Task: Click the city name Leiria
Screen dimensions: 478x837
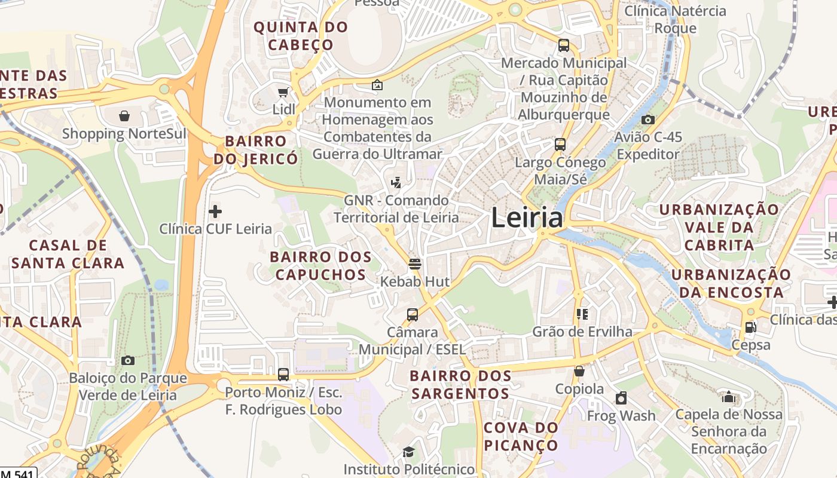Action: (x=527, y=218)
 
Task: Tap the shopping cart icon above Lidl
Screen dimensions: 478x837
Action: (x=283, y=92)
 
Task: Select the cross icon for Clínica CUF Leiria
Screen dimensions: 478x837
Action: (x=215, y=211)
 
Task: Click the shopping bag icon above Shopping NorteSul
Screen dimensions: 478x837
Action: (x=124, y=115)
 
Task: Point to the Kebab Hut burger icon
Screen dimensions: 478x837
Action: (x=415, y=263)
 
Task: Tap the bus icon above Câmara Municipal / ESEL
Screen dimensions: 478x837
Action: (x=412, y=314)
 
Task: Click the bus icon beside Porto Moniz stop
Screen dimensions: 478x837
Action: (x=283, y=375)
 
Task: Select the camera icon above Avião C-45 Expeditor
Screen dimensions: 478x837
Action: (x=647, y=119)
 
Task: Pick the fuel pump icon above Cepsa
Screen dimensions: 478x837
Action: (x=750, y=327)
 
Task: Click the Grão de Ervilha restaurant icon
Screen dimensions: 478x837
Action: (x=582, y=314)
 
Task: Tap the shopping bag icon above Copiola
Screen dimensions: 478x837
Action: (x=579, y=371)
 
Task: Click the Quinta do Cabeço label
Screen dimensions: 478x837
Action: (x=301, y=36)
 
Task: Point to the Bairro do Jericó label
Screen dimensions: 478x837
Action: (x=255, y=150)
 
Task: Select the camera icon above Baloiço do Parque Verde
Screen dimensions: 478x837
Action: (x=127, y=360)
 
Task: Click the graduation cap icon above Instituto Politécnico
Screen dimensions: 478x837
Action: (x=408, y=452)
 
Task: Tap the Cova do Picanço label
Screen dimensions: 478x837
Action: (x=521, y=436)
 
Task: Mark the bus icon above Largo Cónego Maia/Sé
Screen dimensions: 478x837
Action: (x=560, y=144)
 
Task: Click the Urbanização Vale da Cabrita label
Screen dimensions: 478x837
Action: (x=719, y=227)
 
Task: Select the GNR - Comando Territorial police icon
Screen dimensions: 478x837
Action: (x=395, y=182)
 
